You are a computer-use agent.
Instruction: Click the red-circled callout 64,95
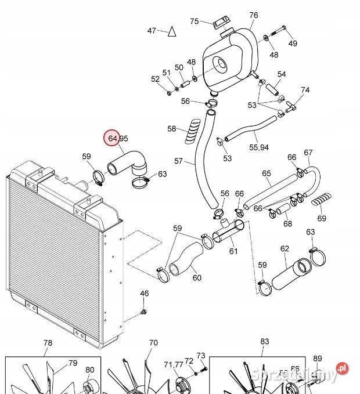pos(114,138)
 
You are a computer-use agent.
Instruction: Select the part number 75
pos(195,21)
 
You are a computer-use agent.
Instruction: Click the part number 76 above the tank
pos(253,15)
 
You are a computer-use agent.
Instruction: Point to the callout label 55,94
pos(258,147)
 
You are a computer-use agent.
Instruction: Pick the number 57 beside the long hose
pos(178,161)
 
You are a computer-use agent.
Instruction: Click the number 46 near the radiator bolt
pos(145,294)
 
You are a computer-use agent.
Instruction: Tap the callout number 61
pos(233,251)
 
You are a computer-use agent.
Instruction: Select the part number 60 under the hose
pos(197,277)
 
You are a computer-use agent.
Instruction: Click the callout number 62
pos(285,249)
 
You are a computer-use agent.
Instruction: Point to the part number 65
pos(267,173)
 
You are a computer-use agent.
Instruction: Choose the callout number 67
pos(308,153)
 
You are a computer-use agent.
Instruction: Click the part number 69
pos(322,218)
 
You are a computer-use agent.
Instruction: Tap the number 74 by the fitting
pos(305,91)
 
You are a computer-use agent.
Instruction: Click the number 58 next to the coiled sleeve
pos(172,128)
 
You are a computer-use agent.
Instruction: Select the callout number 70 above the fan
pos(153,343)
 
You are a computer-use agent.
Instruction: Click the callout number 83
pos(264,342)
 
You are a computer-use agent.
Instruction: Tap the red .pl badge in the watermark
pos(343,368)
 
